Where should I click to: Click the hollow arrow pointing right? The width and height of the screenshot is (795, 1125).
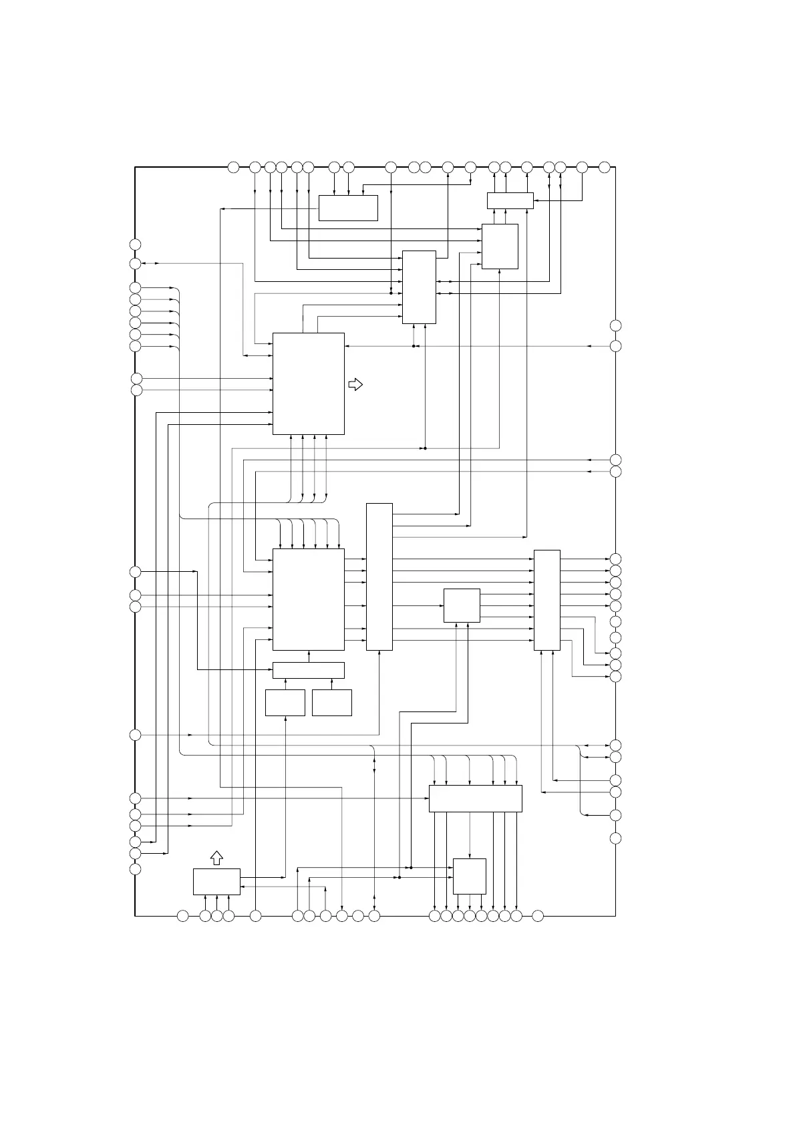(x=356, y=384)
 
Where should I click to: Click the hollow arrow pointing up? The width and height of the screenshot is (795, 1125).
(x=216, y=858)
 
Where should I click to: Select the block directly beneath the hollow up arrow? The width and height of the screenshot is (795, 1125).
(x=216, y=881)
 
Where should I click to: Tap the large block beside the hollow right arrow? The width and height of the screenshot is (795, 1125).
(x=309, y=383)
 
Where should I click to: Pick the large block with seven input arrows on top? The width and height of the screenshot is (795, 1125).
(x=309, y=599)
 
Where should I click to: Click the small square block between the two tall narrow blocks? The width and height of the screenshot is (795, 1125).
(x=462, y=605)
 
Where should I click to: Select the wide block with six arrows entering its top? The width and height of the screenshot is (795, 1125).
(x=475, y=798)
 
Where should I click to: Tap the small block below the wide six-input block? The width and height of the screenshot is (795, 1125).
(x=470, y=876)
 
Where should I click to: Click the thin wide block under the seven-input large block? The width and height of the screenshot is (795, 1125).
(x=309, y=670)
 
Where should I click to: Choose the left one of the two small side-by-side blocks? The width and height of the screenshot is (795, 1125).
(x=285, y=703)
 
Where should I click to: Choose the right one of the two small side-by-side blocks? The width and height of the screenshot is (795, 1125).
(x=332, y=703)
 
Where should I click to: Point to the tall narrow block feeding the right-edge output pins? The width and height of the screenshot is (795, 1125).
(x=547, y=599)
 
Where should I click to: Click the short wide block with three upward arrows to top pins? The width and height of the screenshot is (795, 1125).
(x=510, y=200)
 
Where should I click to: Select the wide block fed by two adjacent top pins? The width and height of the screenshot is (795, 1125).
(x=348, y=208)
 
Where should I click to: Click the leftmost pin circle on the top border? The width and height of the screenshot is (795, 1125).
(x=233, y=167)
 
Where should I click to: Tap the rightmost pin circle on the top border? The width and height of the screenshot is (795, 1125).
(x=604, y=167)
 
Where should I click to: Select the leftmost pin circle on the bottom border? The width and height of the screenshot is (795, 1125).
(x=182, y=916)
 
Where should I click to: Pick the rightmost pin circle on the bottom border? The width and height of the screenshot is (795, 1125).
(x=538, y=916)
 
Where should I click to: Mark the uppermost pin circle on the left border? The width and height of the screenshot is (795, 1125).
(x=135, y=244)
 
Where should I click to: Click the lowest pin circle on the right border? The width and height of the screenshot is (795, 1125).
(x=615, y=838)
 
